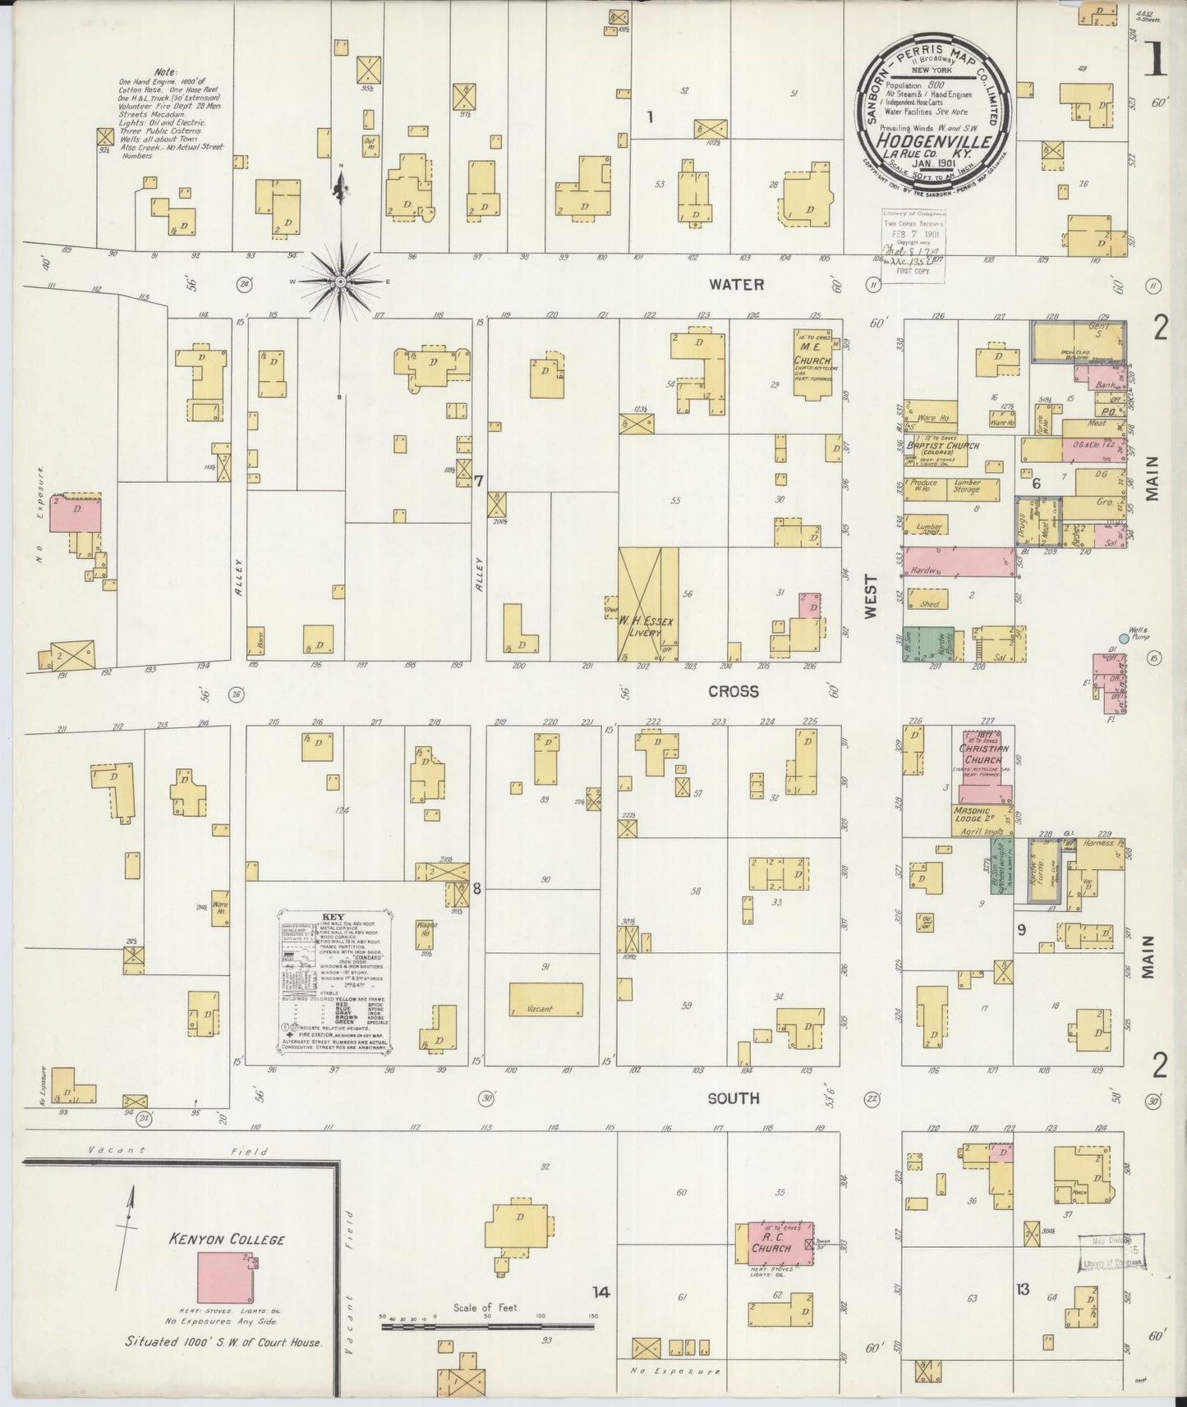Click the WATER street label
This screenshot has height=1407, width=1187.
click(x=737, y=285)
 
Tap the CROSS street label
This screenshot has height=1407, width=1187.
click(x=734, y=691)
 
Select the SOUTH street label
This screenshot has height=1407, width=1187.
click(x=734, y=1098)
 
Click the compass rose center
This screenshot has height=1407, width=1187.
click(x=339, y=282)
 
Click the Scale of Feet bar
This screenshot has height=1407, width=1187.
click(x=487, y=1325)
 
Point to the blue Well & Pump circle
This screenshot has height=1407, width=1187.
click(x=1124, y=638)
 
